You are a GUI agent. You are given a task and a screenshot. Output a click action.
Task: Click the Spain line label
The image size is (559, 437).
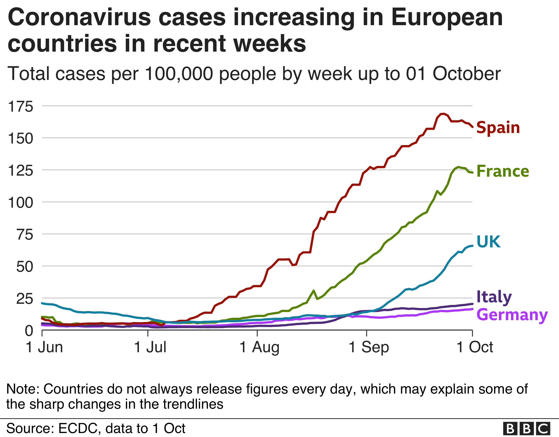tap(498, 128)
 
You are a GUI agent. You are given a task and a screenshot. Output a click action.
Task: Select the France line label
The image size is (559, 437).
tap(503, 171)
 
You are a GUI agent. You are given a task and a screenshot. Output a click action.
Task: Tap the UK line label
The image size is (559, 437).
tap(488, 241)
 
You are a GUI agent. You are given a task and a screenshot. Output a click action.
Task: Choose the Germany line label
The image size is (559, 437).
tap(512, 315)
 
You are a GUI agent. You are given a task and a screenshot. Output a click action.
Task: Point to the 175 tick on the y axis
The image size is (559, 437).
tap(21, 106)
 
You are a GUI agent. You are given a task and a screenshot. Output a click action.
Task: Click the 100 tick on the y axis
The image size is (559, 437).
tap(21, 203)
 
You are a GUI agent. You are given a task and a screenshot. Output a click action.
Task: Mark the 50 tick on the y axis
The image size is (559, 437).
tap(25, 267)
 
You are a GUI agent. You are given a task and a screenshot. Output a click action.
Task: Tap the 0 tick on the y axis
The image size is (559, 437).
tap(29, 331)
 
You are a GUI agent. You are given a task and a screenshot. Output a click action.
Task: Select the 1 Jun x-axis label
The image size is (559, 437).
tap(44, 347)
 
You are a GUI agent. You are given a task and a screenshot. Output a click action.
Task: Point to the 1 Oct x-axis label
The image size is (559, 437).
tap(475, 347)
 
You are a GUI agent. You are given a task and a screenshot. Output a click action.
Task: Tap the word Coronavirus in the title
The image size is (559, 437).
tap(79, 17)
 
